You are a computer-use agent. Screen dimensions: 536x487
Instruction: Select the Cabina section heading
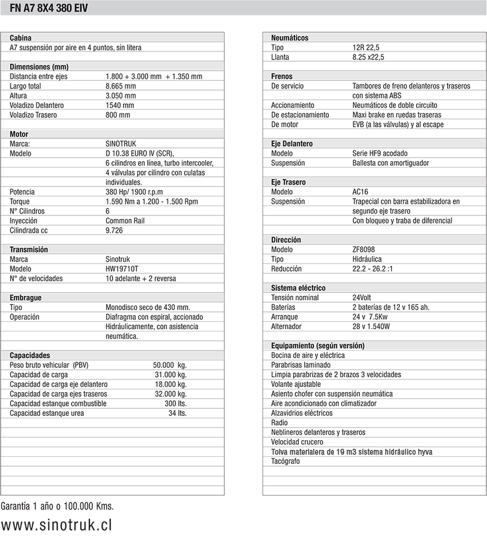coord(21,38)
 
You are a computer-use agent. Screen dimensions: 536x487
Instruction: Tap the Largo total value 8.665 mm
coord(121,86)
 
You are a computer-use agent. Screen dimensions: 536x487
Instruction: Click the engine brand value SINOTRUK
coord(121,144)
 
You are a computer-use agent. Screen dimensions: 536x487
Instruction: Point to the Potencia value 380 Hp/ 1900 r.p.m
coord(134,192)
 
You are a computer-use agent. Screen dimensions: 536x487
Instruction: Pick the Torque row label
coord(20,202)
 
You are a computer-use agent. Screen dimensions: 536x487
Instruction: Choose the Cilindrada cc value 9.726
coord(114,230)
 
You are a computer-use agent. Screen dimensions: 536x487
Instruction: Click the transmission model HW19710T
coord(122,269)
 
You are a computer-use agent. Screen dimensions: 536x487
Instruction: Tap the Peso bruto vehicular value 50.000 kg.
coord(170,365)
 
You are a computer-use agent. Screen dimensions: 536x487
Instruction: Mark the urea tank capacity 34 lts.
coord(177,413)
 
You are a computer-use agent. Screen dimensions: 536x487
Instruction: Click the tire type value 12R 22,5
coord(366,47)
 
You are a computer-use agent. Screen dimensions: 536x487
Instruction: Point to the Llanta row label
coord(280,57)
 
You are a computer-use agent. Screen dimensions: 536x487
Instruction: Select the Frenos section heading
coord(282,76)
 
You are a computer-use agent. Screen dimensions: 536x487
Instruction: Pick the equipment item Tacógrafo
coord(286,461)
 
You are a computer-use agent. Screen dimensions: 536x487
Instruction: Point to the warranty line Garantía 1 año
coord(57,506)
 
